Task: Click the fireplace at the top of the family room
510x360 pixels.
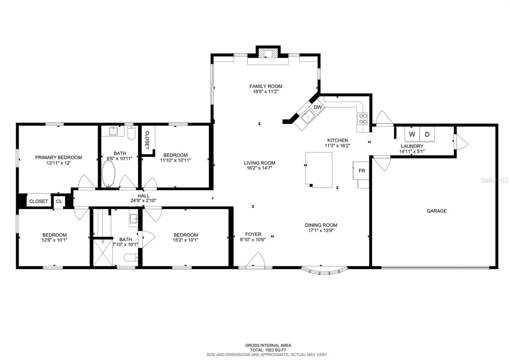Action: (268, 53)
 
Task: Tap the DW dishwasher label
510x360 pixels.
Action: (317, 107)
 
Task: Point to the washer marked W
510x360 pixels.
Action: (412, 134)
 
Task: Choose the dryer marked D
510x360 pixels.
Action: (427, 134)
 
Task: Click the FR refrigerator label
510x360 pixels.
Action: (362, 171)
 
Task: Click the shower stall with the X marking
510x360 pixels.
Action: (103, 252)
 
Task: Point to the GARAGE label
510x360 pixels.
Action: (436, 211)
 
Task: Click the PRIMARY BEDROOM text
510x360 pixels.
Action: (59, 157)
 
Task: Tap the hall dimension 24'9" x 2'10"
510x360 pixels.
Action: (143, 201)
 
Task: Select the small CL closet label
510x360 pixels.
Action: (59, 201)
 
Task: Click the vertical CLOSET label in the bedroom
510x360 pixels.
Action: (147, 140)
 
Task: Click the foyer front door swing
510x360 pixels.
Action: (255, 259)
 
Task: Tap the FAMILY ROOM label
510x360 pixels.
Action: (266, 86)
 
